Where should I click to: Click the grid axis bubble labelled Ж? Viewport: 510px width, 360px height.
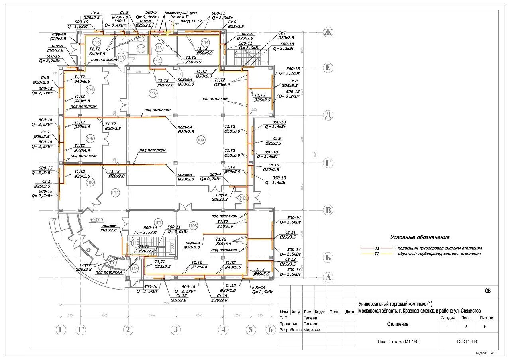(328, 33)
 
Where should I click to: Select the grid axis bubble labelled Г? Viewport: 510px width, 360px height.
(328, 163)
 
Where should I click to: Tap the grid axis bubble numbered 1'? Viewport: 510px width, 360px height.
(82, 330)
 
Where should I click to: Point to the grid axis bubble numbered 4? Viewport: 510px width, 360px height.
(223, 330)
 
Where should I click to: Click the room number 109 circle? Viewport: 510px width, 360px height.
(200, 140)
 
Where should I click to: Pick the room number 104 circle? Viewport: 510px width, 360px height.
(90, 90)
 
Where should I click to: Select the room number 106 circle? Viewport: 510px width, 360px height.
(90, 182)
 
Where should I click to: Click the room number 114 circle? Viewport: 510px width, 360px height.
(205, 43)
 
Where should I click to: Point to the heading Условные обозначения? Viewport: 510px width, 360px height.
(420, 237)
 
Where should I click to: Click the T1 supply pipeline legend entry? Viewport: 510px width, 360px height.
(427, 248)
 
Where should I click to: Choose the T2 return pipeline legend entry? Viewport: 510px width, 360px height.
(426, 253)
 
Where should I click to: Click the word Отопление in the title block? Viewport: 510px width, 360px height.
(398, 324)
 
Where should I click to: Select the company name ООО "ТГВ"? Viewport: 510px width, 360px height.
(468, 341)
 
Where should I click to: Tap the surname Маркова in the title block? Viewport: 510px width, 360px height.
(312, 330)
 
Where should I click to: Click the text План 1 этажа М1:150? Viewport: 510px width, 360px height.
(397, 341)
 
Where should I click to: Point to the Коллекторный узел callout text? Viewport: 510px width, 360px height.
(184, 13)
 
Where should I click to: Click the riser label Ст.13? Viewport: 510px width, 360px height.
(231, 286)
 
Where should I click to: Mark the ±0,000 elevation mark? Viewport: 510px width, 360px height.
(97, 219)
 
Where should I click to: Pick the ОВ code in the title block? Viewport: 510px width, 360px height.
(488, 291)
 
